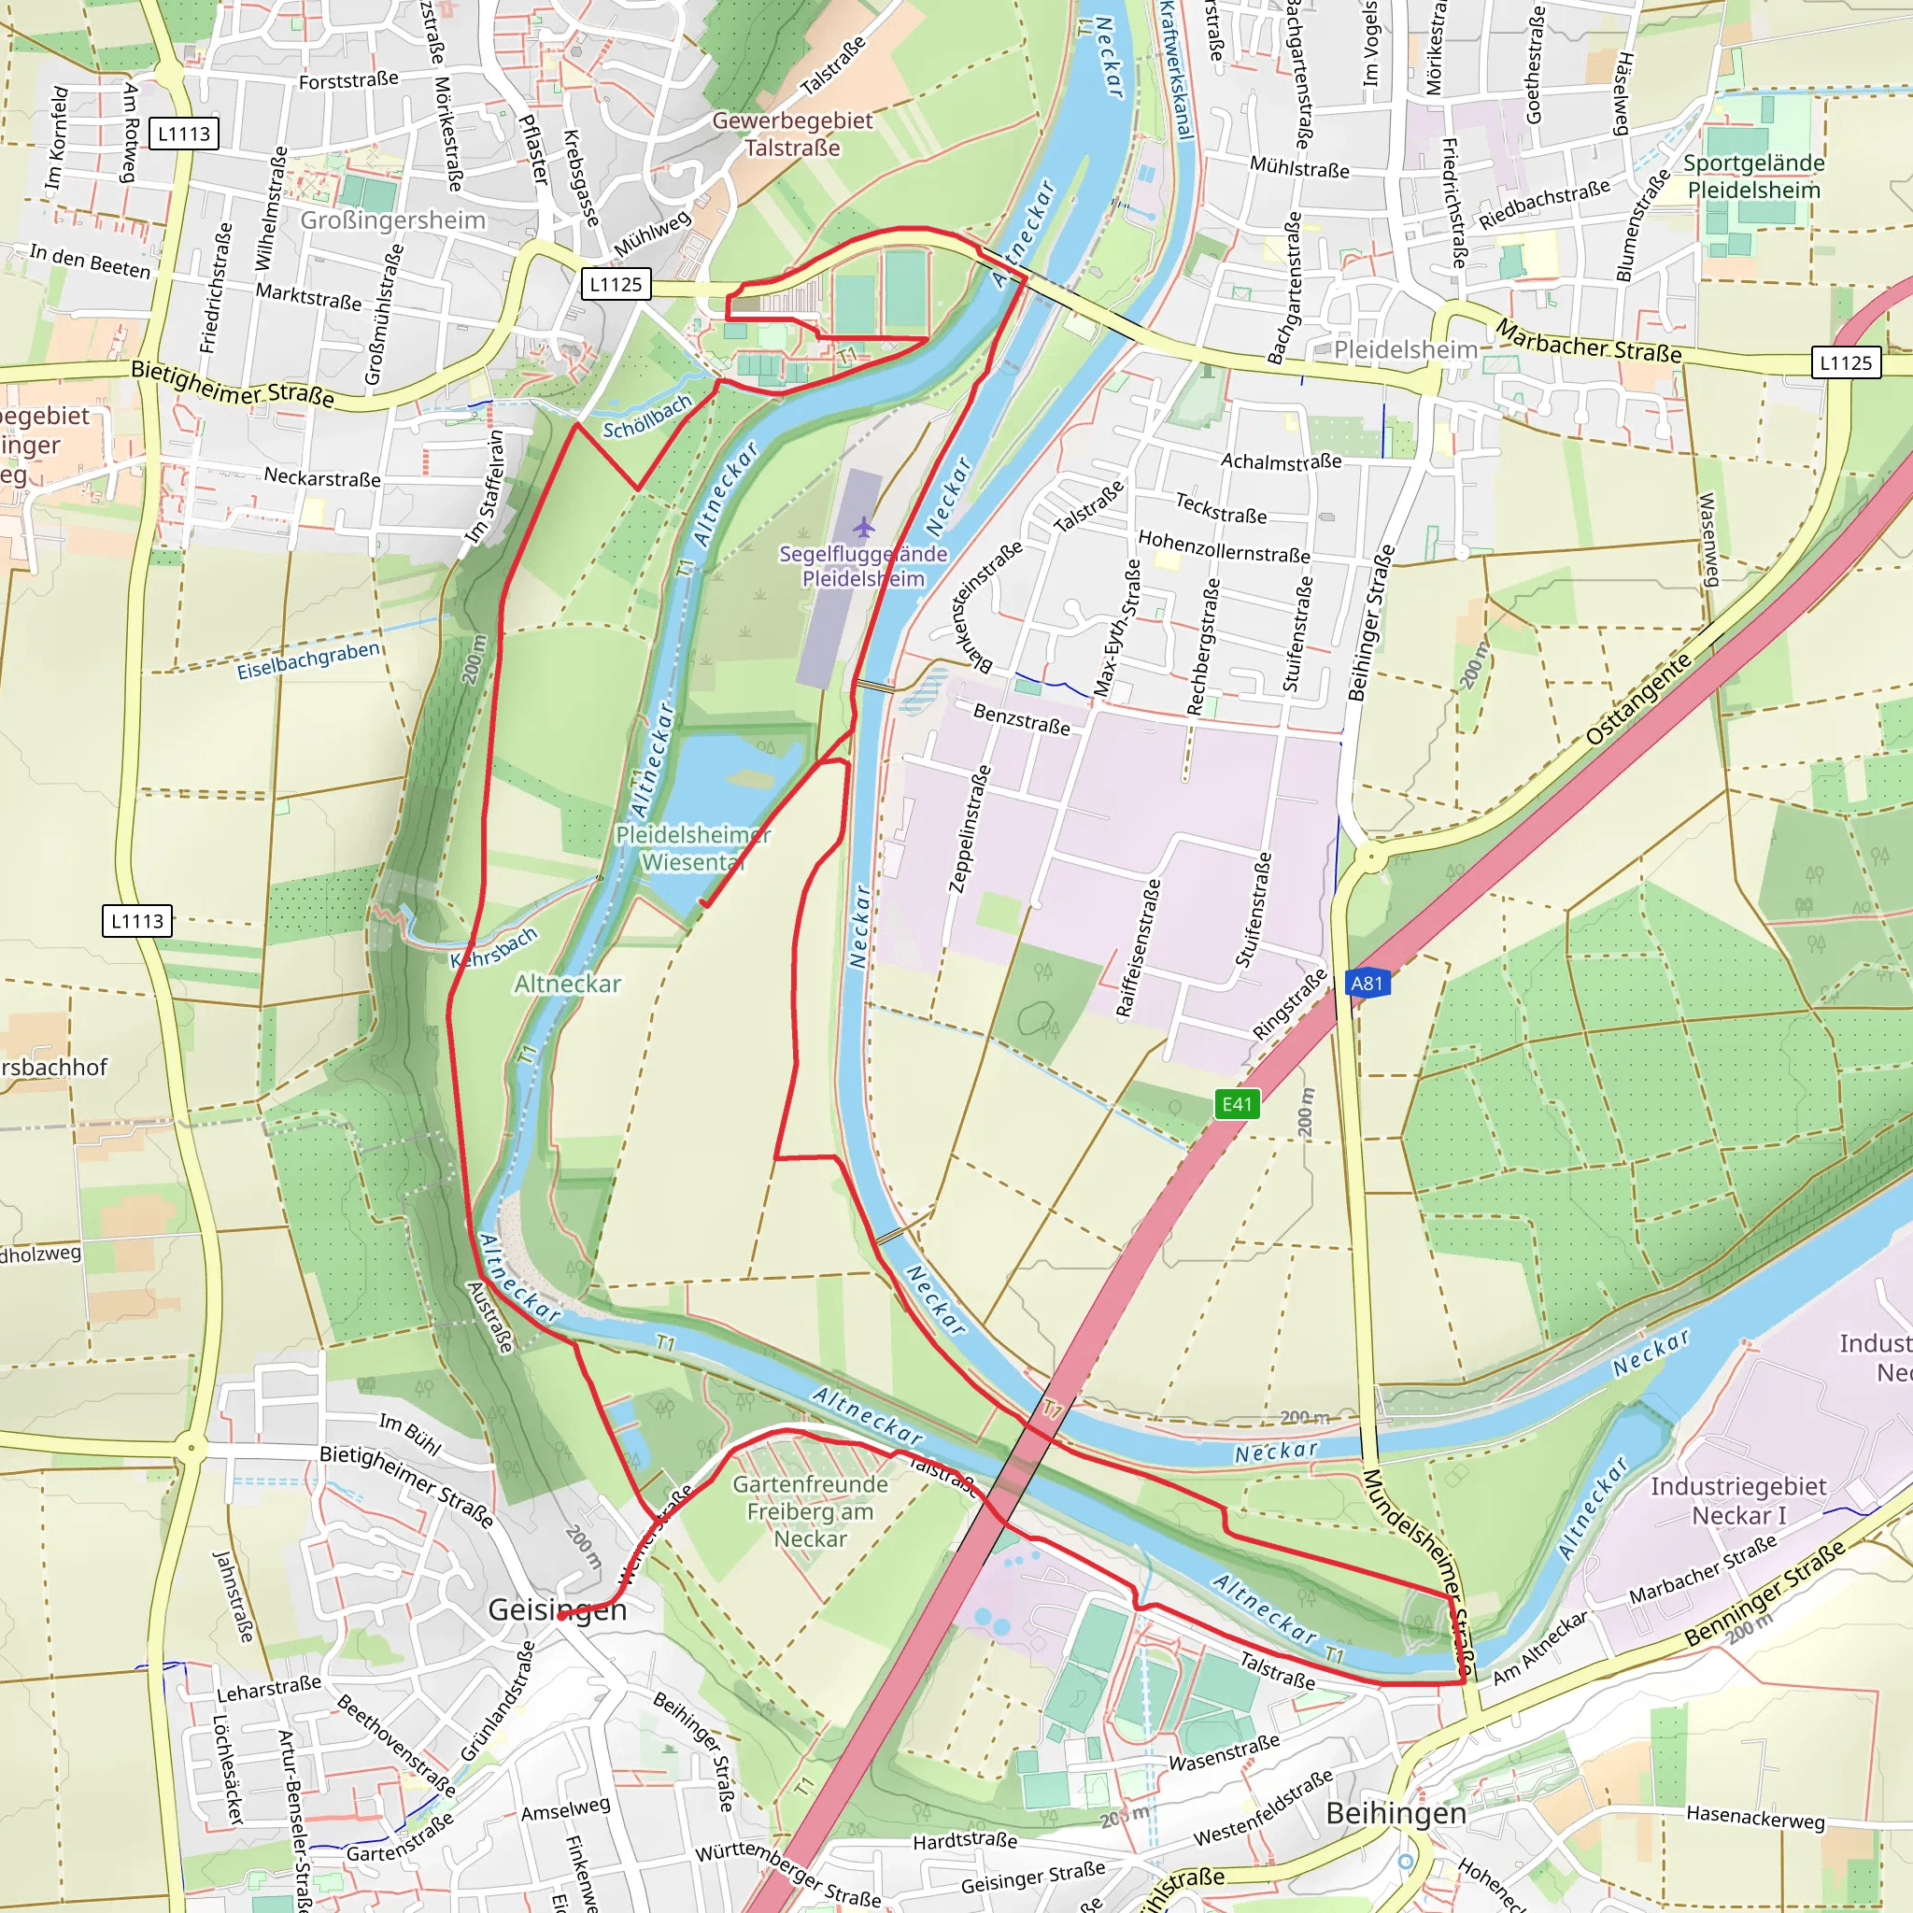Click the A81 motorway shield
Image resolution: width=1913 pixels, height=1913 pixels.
[1367, 984]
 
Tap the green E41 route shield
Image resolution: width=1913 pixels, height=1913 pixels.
[1237, 1104]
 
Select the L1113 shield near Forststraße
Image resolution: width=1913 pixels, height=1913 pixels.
[184, 134]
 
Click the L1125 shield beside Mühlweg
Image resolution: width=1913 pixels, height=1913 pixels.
[616, 284]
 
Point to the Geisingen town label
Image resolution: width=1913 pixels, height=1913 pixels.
[558, 1610]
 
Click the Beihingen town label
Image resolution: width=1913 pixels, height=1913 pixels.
[1396, 1813]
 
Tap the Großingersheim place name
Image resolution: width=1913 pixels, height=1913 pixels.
[393, 220]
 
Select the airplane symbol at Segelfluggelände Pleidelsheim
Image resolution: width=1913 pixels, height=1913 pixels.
[863, 525]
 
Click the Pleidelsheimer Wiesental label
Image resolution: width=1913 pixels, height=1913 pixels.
[692, 848]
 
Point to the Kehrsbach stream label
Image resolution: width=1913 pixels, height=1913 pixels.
[494, 947]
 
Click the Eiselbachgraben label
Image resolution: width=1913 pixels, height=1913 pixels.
[308, 660]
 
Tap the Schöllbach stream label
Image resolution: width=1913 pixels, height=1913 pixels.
[646, 417]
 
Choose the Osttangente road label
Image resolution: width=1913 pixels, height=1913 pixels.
[1638, 700]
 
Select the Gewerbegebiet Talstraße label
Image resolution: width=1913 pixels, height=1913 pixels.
[792, 134]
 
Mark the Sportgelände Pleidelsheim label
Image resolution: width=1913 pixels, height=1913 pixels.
[1753, 177]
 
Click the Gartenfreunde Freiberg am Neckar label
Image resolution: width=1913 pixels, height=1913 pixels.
[810, 1511]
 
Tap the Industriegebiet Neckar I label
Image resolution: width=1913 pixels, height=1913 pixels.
[1737, 1500]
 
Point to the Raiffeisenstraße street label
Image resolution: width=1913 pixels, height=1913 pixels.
[1138, 947]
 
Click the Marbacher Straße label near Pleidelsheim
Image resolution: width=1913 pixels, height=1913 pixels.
[1587, 341]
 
